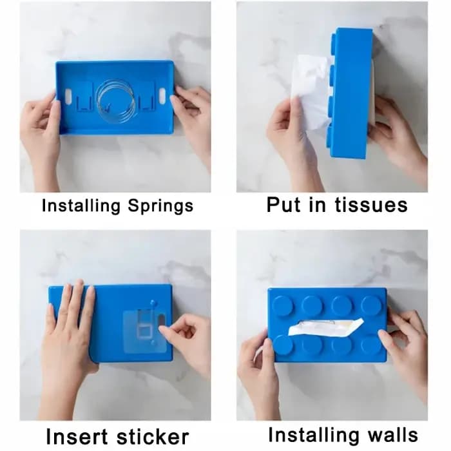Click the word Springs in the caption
click(160, 207)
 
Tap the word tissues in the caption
click(371, 205)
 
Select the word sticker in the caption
click(153, 437)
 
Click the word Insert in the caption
click(77, 437)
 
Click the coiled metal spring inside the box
click(115, 99)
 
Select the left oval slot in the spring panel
click(68, 95)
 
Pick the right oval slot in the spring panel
click(162, 95)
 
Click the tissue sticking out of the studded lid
click(327, 327)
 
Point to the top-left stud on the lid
click(283, 305)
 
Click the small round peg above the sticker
click(153, 302)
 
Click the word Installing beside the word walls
click(314, 435)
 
